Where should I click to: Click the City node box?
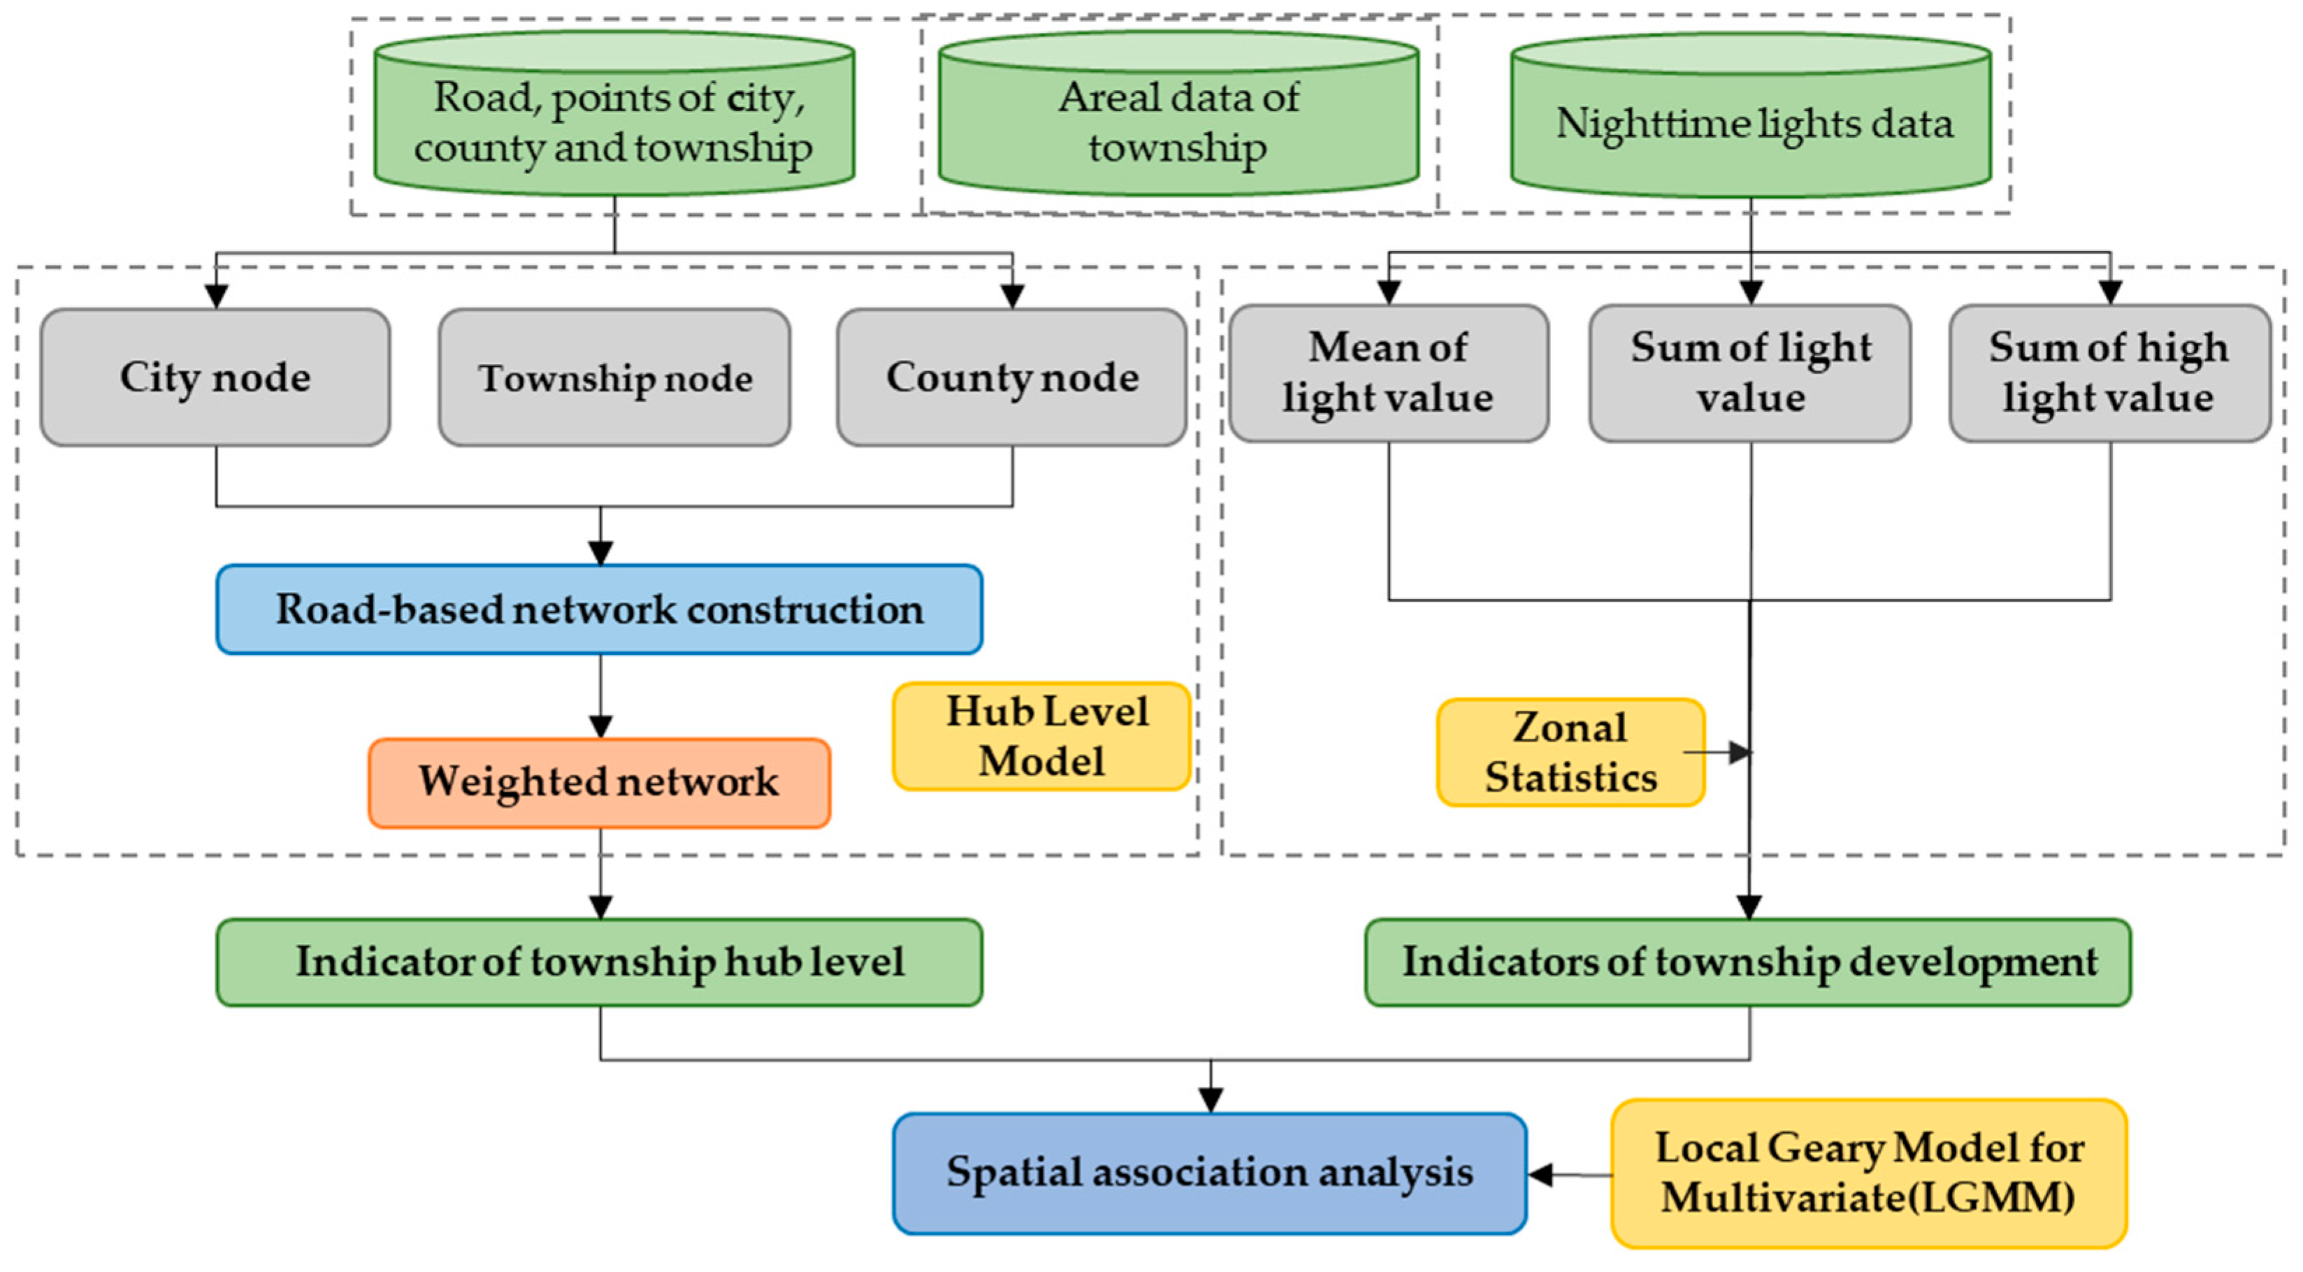(215, 377)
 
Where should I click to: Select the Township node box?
(615, 377)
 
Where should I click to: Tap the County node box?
(1012, 377)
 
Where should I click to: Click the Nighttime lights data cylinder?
(1751, 121)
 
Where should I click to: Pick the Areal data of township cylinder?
(1178, 121)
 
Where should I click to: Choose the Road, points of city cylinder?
(614, 121)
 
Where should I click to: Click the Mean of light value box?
(1388, 373)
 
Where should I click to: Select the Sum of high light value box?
(2110, 373)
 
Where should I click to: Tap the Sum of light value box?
(1751, 373)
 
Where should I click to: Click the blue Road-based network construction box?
(599, 609)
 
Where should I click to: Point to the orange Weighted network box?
(599, 783)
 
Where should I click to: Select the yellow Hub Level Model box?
(1041, 737)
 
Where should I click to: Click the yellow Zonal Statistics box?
(1571, 753)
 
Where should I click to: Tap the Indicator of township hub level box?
(599, 962)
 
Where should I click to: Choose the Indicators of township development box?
(1748, 962)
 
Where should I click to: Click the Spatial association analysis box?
(1210, 1173)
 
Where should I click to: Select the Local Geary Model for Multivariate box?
(1868, 1173)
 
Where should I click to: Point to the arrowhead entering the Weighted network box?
(601, 727)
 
